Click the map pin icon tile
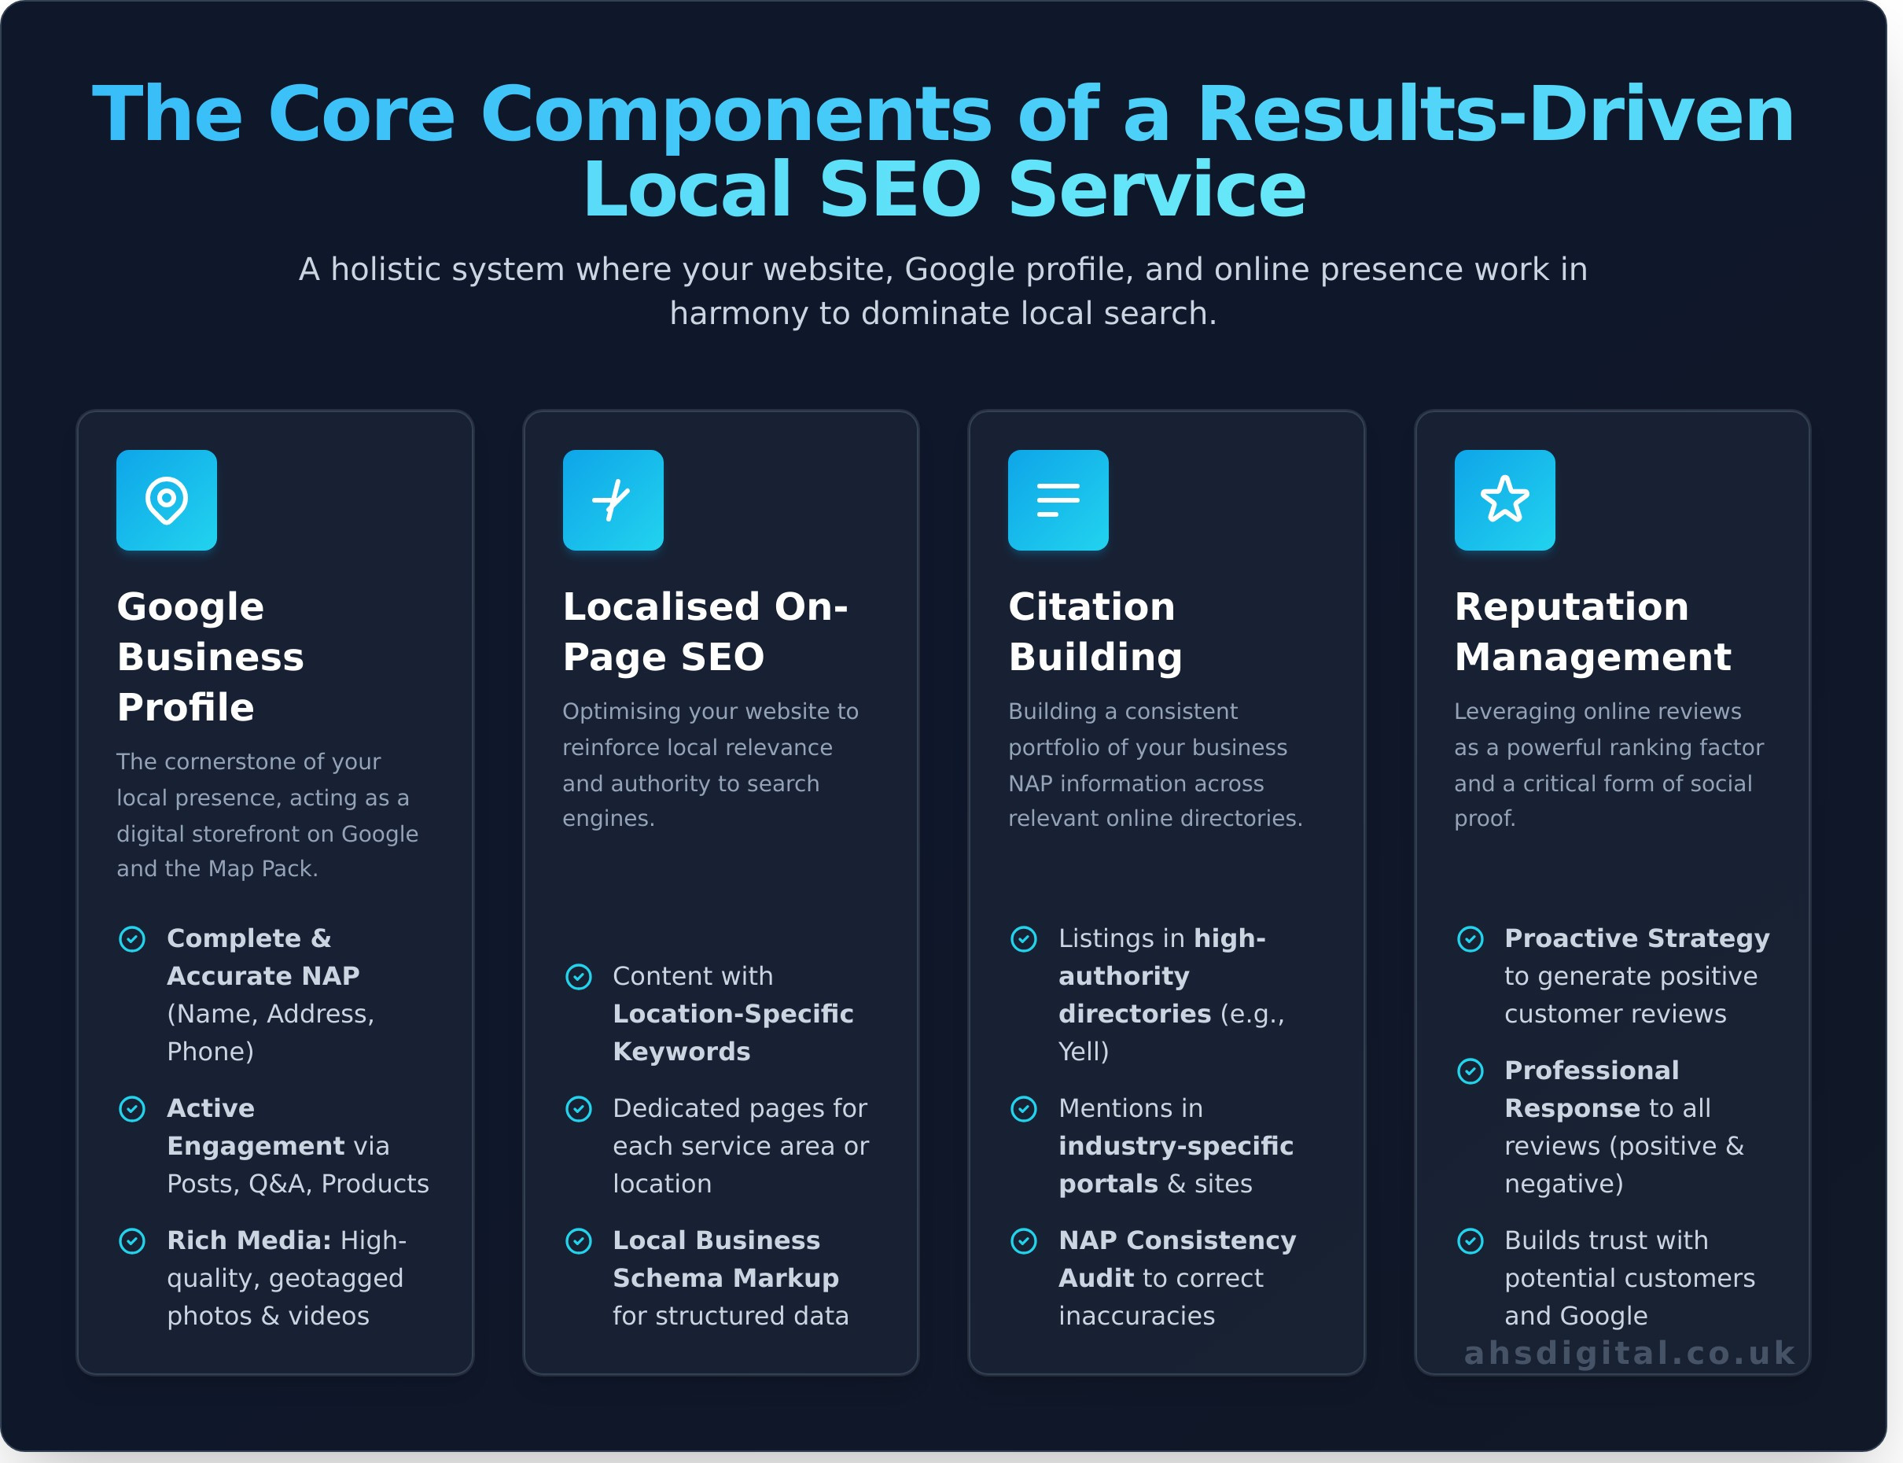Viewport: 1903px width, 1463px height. (x=166, y=500)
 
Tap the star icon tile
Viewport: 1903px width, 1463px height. (x=1504, y=500)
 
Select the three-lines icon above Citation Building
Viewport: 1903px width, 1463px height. (x=1058, y=500)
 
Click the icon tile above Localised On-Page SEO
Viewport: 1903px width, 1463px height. (x=613, y=500)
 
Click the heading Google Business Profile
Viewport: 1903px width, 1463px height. (x=211, y=657)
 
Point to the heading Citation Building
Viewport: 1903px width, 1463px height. (x=1095, y=632)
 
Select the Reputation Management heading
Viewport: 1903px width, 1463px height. (x=1592, y=632)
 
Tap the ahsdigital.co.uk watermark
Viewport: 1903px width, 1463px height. (x=1629, y=1352)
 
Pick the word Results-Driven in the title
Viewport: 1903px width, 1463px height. (x=1495, y=114)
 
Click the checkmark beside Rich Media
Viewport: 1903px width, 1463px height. (x=132, y=1241)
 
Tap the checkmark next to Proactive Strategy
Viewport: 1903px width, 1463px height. (x=1470, y=939)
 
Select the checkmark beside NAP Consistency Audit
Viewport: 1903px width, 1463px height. (x=1024, y=1241)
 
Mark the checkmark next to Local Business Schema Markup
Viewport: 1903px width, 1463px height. (x=579, y=1241)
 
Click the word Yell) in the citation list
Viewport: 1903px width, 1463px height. (x=1084, y=1052)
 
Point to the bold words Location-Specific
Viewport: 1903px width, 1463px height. (x=733, y=1014)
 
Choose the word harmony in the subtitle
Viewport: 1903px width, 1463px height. (x=739, y=314)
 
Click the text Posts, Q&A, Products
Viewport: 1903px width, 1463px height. (x=298, y=1184)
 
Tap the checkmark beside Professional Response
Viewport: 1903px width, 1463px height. (x=1470, y=1071)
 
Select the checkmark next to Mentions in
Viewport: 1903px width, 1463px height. (x=1024, y=1108)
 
